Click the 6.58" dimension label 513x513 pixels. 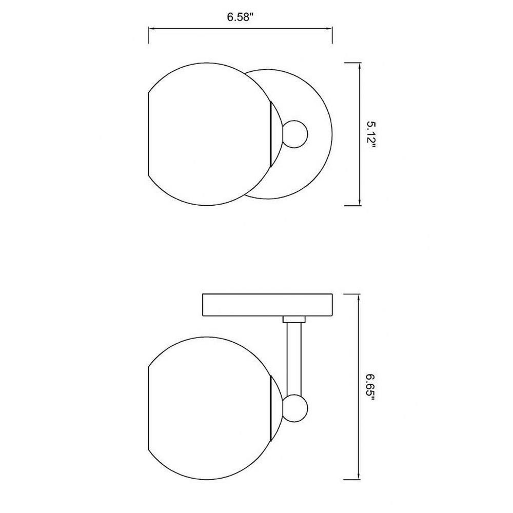click(241, 17)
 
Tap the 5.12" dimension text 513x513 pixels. click(371, 133)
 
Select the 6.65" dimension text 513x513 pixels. click(371, 388)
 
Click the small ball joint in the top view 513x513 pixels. click(295, 133)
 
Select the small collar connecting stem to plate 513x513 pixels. click(294, 319)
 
